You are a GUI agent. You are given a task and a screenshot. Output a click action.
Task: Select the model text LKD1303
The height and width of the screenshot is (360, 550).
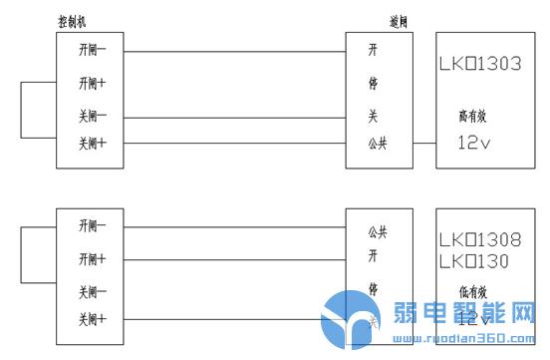click(x=480, y=65)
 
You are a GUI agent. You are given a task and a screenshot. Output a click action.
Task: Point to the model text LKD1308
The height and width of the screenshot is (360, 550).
click(x=480, y=240)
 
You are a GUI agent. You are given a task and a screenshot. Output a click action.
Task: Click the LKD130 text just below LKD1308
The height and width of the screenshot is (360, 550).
click(x=474, y=261)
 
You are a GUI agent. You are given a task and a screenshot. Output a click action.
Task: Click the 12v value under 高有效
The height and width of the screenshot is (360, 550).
click(x=476, y=142)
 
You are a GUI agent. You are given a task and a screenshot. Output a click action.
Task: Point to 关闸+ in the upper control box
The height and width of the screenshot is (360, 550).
click(x=94, y=144)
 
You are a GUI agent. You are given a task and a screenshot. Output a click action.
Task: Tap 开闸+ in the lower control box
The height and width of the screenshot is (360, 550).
click(x=94, y=259)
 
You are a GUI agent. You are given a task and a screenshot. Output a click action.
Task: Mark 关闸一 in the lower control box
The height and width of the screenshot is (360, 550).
click(x=94, y=292)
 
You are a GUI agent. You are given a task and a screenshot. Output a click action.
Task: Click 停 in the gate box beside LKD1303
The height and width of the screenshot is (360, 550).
click(x=373, y=83)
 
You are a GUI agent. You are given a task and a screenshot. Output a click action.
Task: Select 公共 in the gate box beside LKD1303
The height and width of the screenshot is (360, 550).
click(x=377, y=143)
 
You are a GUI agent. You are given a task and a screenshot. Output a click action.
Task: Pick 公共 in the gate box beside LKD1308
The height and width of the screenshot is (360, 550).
click(x=377, y=231)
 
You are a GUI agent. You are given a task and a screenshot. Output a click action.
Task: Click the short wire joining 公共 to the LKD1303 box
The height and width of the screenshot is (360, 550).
click(x=423, y=143)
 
